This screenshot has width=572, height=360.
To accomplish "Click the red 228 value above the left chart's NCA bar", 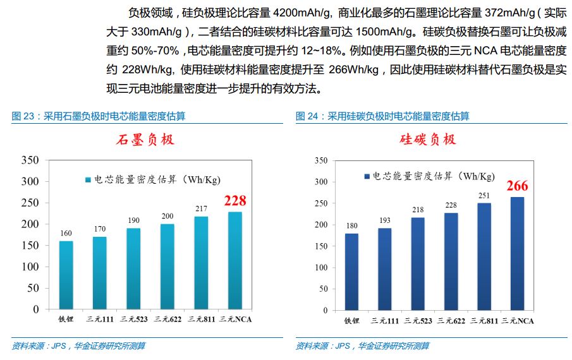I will coord(235,201).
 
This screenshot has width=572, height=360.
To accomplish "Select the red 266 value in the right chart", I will coord(516,186).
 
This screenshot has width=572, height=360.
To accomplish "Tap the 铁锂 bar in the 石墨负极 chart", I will coord(66,275).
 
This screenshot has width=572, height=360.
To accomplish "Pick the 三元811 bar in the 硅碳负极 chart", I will coord(484,256).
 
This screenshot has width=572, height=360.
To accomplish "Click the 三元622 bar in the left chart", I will coord(167,267).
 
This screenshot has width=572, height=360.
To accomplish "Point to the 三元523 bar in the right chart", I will coord(418,263).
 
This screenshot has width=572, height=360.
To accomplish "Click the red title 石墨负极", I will coord(145,140).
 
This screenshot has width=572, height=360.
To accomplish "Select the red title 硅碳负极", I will coord(428,140).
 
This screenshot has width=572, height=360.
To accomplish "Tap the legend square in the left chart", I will coord(88,180).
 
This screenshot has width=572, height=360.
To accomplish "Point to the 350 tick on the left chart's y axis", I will coord(30,160).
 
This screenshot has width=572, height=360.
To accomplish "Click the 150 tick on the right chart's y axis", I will coord(320,246).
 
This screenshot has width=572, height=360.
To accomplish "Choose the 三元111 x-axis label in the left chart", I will coord(100,320).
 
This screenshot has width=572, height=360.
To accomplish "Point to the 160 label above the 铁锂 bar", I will coord(66,233).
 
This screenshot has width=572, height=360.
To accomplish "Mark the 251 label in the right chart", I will coord(484,196).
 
